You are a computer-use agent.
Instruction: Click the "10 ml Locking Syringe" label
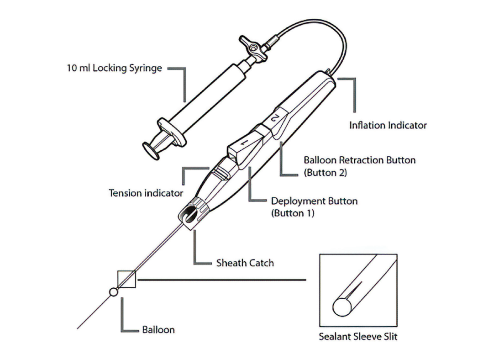click(114, 68)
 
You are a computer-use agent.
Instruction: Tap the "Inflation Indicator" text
click(388, 125)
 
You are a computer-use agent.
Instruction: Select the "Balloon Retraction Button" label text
click(359, 160)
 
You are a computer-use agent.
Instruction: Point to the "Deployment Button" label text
click(314, 201)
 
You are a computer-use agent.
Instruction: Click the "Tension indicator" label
click(146, 193)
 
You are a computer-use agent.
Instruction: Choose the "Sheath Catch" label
click(245, 263)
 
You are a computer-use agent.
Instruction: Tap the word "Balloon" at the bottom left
click(158, 330)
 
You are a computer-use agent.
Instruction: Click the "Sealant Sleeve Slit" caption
click(358, 336)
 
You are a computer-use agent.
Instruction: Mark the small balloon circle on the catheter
click(113, 292)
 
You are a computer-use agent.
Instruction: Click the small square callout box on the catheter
click(126, 279)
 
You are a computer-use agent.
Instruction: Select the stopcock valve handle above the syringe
click(252, 48)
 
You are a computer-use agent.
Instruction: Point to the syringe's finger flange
click(172, 132)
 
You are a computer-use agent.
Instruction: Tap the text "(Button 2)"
click(325, 172)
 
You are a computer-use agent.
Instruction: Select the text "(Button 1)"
click(293, 213)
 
